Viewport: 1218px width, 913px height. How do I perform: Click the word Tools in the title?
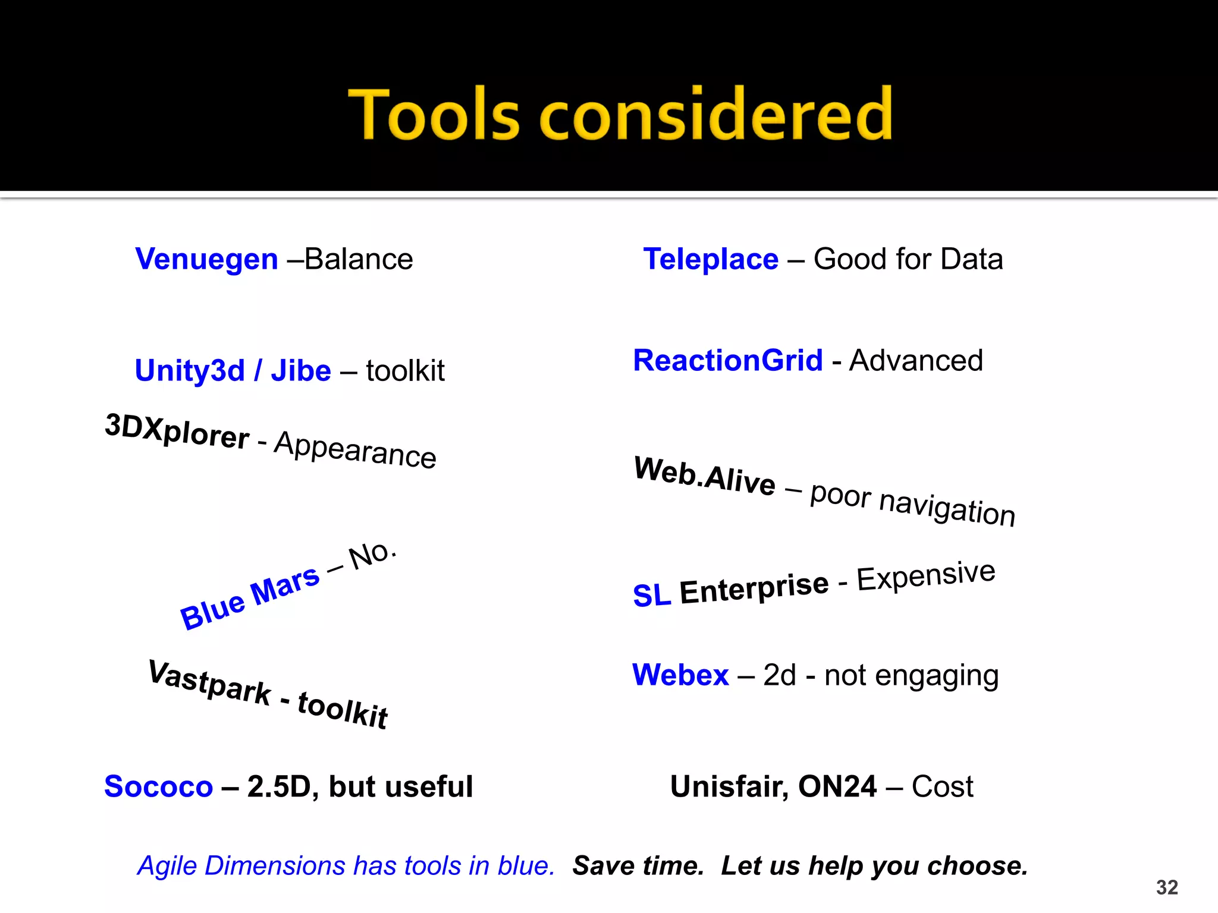[434, 114]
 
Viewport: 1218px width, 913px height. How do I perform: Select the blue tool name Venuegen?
[206, 259]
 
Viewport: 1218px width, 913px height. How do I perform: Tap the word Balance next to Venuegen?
[359, 259]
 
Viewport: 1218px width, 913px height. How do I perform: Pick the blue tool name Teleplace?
[711, 259]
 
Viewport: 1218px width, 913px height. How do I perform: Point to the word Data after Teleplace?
[972, 259]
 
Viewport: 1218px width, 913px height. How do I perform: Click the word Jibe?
[301, 371]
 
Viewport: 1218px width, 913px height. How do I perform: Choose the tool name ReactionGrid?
[728, 361]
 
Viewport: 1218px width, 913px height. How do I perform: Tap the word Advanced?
[916, 361]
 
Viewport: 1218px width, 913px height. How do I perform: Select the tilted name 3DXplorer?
[177, 432]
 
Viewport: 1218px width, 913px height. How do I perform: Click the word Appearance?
[356, 450]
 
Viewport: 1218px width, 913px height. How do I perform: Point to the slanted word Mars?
[285, 587]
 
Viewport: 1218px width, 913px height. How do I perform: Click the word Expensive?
[926, 575]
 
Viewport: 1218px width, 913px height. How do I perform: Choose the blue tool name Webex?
[680, 675]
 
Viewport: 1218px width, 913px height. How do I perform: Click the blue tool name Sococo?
[158, 787]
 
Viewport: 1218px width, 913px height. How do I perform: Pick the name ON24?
[837, 787]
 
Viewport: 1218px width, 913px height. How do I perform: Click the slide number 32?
[1167, 887]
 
